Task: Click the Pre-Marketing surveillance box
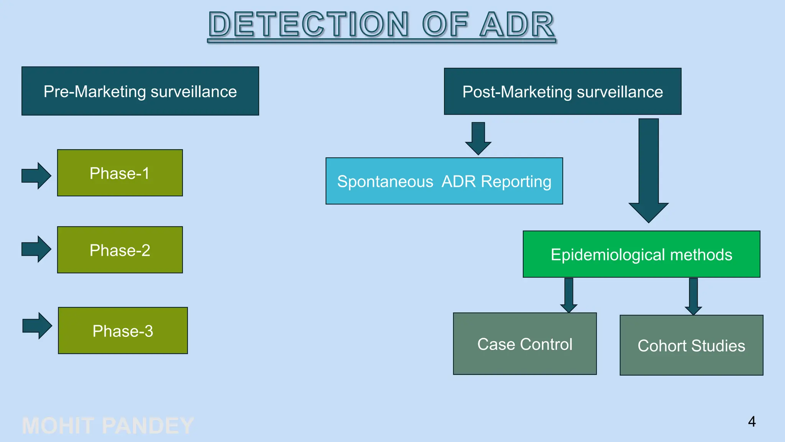click(140, 91)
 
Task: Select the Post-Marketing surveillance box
click(562, 91)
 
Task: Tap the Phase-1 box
click(120, 173)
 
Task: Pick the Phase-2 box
click(120, 250)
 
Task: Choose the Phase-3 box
click(123, 330)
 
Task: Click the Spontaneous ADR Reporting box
click(444, 181)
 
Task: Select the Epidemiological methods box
click(641, 254)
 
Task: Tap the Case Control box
click(524, 343)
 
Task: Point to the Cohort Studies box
click(691, 345)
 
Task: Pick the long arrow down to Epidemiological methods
click(649, 169)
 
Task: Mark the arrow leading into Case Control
click(569, 295)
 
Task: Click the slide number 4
click(752, 422)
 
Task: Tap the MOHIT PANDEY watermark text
click(108, 426)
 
